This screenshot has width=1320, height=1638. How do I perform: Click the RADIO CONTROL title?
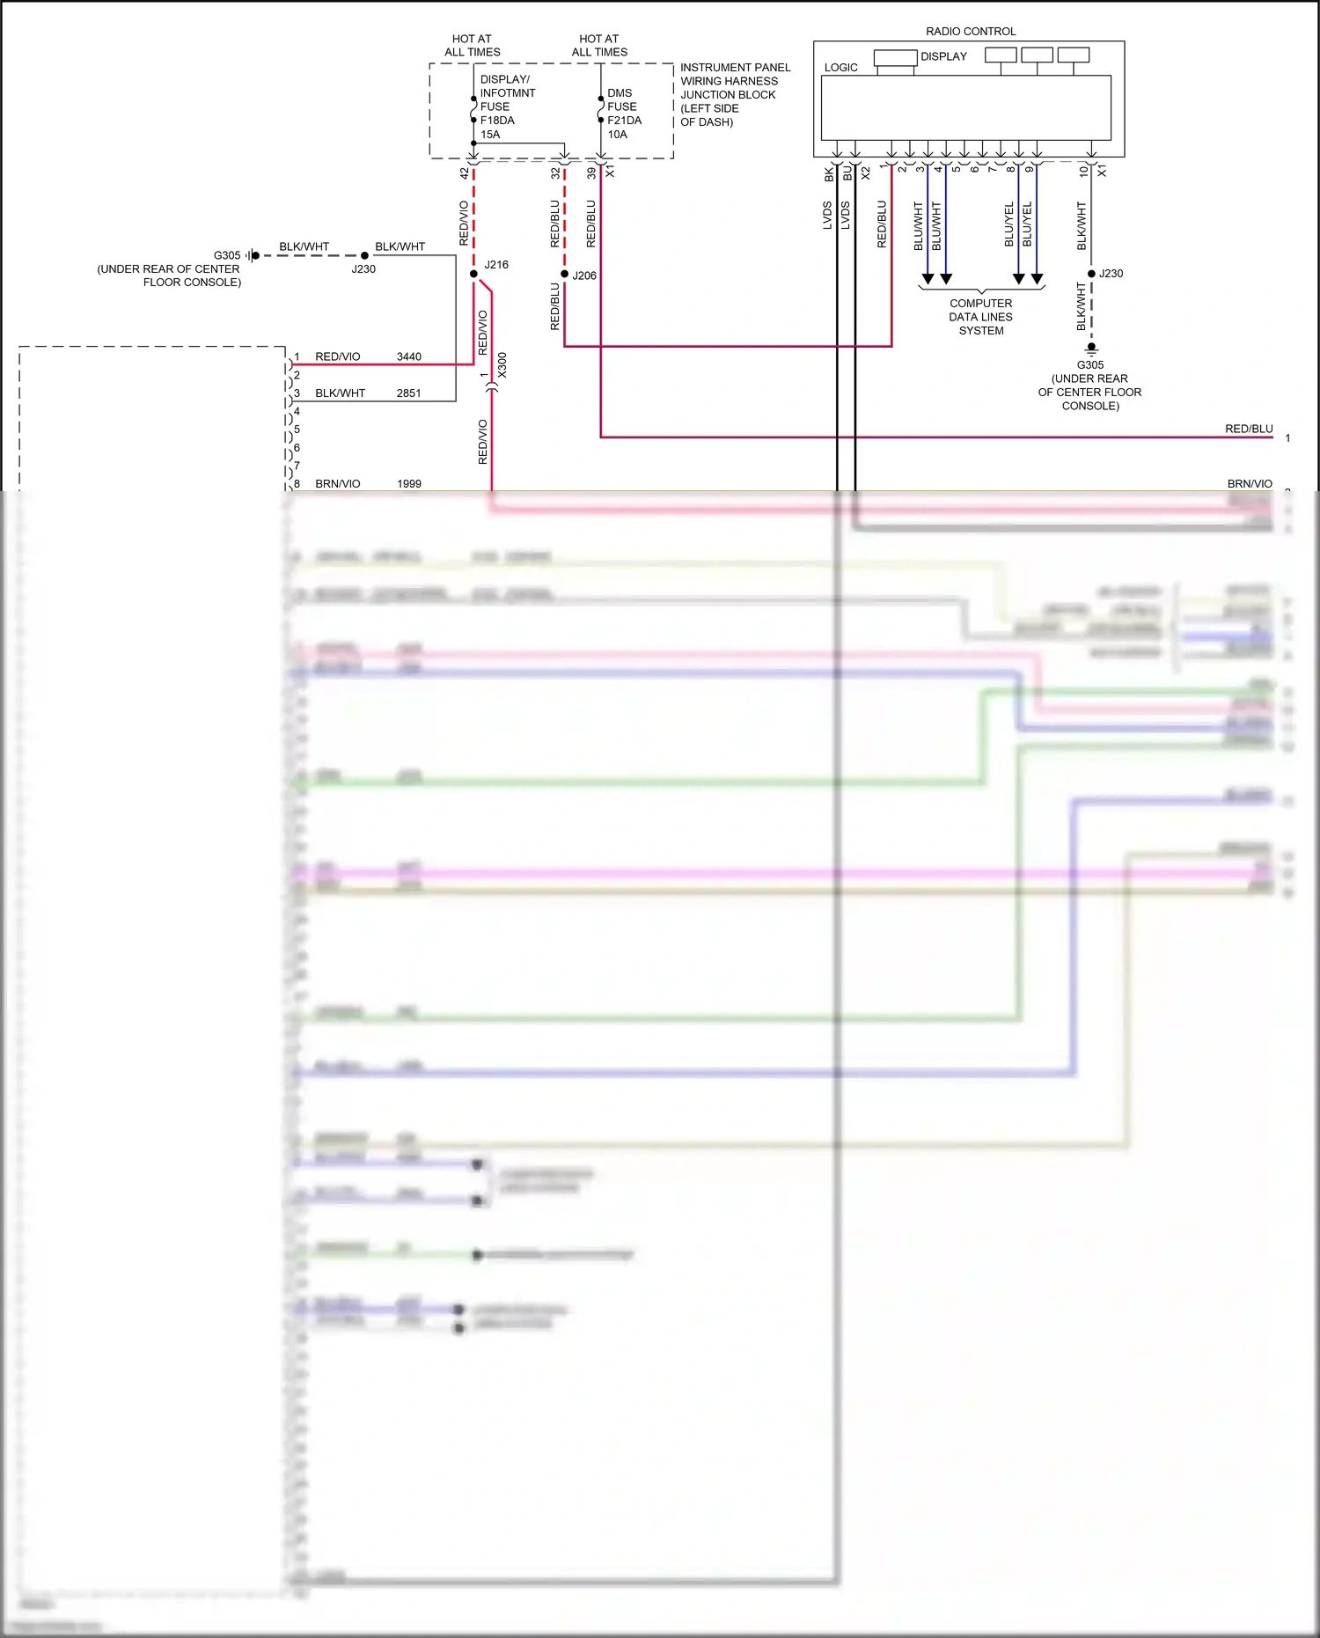coord(971,32)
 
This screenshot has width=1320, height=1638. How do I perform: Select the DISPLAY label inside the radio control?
coord(943,56)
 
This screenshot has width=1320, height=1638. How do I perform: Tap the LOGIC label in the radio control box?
coord(840,68)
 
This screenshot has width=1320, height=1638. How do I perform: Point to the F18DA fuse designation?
coord(497,121)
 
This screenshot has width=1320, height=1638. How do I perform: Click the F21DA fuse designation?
coord(624,121)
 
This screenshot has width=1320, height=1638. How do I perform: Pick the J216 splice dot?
coord(473,274)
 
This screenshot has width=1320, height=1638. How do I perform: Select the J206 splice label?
coord(584,275)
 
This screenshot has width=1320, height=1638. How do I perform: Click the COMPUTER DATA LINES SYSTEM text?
coord(980,317)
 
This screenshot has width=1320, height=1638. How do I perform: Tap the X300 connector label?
coord(502,364)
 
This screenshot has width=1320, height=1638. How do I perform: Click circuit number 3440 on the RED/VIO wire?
coord(408,356)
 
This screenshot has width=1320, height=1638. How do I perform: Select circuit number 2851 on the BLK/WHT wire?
coord(408,393)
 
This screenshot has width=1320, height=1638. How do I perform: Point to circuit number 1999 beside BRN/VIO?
coord(408,484)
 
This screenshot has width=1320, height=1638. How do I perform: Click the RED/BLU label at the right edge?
coord(1249,430)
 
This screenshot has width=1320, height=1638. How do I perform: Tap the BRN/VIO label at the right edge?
coord(1250,484)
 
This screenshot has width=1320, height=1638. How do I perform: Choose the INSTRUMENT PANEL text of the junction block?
coord(735,68)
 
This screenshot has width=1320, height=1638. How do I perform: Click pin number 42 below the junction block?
coord(465,173)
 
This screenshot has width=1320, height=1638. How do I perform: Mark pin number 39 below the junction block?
coord(591,173)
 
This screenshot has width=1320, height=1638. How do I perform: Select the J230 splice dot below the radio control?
coord(1091,274)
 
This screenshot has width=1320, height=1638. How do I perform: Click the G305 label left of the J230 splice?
coord(227,255)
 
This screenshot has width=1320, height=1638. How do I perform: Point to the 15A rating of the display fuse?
coord(490,135)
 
